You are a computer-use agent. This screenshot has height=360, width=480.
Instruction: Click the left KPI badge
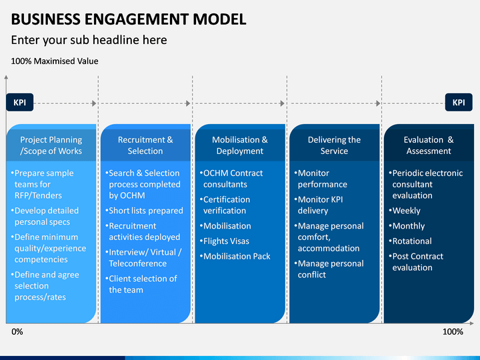pyautogui.click(x=19, y=102)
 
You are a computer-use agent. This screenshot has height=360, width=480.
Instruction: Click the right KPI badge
pyautogui.click(x=459, y=102)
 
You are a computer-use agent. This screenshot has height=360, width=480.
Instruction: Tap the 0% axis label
pyautogui.click(x=17, y=332)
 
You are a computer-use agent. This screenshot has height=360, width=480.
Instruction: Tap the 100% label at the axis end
pyautogui.click(x=453, y=332)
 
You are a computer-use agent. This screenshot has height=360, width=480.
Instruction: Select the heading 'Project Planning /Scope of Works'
pyautogui.click(x=51, y=145)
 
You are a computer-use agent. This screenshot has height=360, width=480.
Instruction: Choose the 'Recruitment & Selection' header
pyautogui.click(x=145, y=145)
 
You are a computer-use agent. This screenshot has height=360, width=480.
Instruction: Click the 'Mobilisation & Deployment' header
pyautogui.click(x=240, y=145)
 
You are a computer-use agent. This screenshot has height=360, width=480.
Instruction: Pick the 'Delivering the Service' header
pyautogui.click(x=334, y=145)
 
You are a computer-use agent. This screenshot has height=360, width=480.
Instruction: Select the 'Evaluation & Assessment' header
pyautogui.click(x=429, y=145)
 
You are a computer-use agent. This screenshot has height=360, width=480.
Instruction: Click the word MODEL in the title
pyautogui.click(x=219, y=19)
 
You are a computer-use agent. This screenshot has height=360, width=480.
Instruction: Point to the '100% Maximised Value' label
pyautogui.click(x=55, y=61)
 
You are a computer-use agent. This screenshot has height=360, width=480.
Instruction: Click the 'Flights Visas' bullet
pyautogui.click(x=225, y=241)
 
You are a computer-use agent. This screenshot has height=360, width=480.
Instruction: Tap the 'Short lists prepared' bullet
pyautogui.click(x=144, y=211)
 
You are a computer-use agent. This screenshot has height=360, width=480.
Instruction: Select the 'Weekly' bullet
pyautogui.click(x=405, y=211)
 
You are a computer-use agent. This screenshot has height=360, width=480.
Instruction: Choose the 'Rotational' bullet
pyautogui.click(x=411, y=241)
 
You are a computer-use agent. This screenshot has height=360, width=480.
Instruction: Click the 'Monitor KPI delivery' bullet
pyautogui.click(x=319, y=205)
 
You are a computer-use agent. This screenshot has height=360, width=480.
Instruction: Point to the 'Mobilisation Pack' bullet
pyautogui.click(x=235, y=256)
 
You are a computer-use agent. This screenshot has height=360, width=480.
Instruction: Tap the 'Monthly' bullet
pyautogui.click(x=407, y=226)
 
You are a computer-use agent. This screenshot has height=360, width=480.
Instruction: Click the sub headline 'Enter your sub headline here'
pyautogui.click(x=89, y=40)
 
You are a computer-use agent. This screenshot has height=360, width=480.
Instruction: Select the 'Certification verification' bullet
pyautogui.click(x=225, y=205)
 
